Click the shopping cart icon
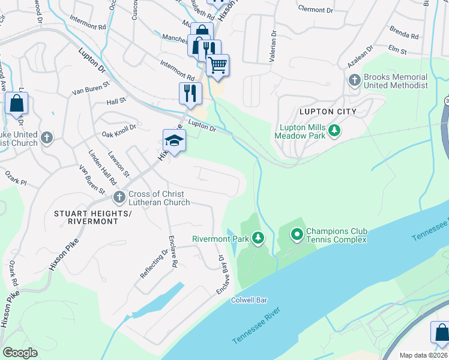coord(218,65)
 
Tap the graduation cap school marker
coord(174,141)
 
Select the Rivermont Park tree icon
coord(258,238)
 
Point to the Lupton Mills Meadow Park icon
coord(335,130)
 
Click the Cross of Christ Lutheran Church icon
coord(119,196)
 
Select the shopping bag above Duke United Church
coord(17,103)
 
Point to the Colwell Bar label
coord(249,300)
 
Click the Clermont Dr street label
coord(315,10)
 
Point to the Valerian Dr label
coord(274,48)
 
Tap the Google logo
coord(20,353)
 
